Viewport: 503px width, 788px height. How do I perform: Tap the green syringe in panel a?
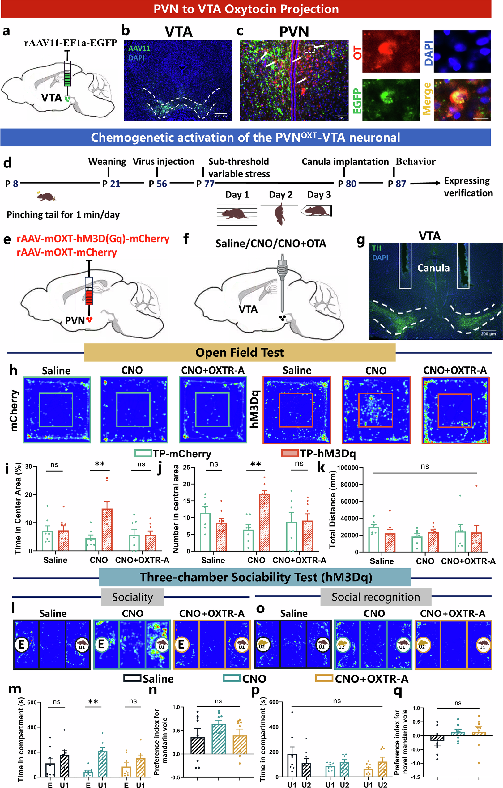click(67, 73)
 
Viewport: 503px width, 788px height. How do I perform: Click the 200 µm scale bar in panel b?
click(220, 116)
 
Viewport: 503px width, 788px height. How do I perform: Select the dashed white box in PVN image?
click(309, 49)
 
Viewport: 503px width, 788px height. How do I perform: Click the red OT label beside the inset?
click(358, 52)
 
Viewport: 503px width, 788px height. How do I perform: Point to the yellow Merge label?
click(427, 99)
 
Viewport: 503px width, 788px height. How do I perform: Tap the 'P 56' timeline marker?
click(158, 184)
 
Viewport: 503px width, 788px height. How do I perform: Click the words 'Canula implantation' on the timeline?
click(345, 162)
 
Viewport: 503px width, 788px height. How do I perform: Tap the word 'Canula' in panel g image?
click(433, 268)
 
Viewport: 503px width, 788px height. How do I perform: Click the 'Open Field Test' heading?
click(239, 353)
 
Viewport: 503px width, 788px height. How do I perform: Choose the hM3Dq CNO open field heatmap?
click(376, 410)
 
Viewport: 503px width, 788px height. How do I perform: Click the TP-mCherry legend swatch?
click(143, 453)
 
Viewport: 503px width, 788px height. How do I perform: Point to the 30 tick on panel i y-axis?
click(29, 467)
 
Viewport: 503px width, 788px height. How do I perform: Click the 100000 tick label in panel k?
click(347, 468)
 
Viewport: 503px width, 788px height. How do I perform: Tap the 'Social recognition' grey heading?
click(376, 597)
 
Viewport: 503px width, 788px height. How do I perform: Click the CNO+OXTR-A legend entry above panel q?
click(362, 679)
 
